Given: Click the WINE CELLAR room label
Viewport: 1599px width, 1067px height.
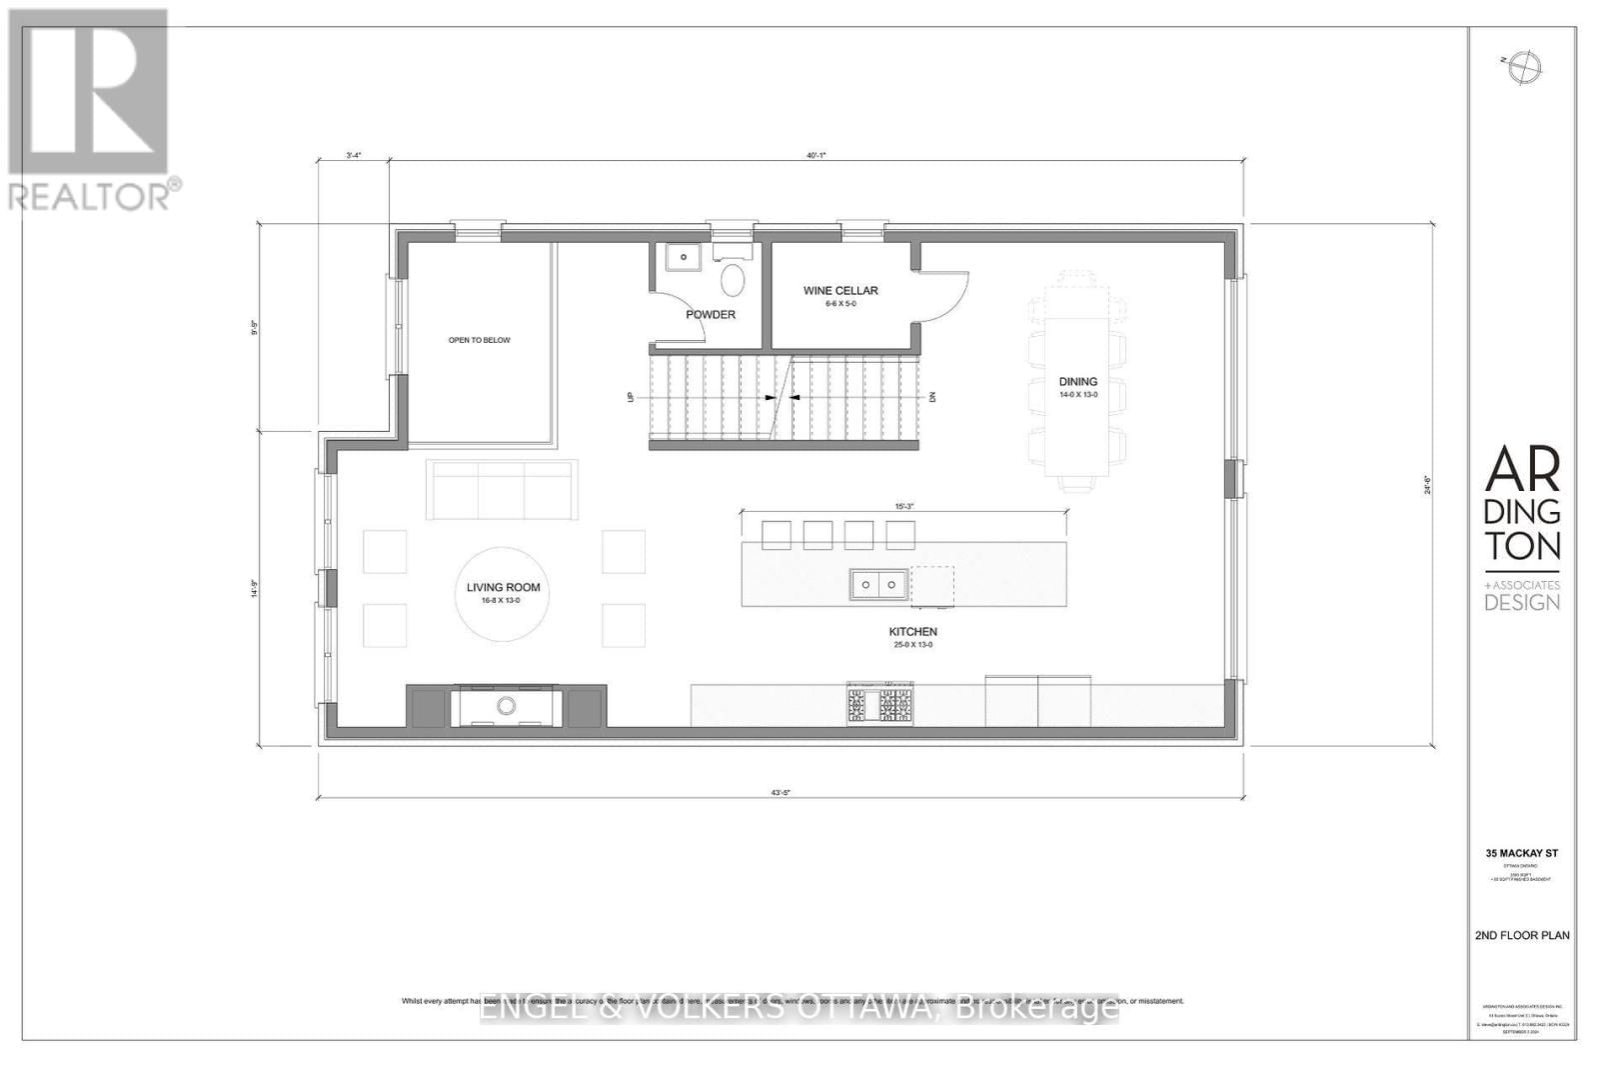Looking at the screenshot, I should (x=840, y=291).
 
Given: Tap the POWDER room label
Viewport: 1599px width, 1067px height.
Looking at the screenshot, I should (x=711, y=315).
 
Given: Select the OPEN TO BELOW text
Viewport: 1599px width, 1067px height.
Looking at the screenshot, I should (x=479, y=340).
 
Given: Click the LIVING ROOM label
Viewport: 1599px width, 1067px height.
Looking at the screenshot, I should (x=504, y=587).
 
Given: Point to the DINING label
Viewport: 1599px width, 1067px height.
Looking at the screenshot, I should (x=1078, y=381).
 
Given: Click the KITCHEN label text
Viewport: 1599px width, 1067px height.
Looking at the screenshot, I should (x=913, y=632).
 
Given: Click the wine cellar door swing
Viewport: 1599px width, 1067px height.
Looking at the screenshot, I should (x=942, y=296).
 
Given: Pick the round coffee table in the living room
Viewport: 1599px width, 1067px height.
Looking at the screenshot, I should (x=504, y=592).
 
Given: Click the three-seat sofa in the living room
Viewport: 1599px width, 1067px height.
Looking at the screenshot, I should (x=502, y=490).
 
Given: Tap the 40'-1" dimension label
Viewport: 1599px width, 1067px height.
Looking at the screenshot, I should (x=816, y=155).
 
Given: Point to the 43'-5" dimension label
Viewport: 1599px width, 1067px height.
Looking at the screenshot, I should (x=782, y=793).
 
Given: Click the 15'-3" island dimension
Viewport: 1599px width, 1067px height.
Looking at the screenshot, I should (x=903, y=507).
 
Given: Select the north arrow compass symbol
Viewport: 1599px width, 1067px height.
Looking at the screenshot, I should (x=1525, y=65).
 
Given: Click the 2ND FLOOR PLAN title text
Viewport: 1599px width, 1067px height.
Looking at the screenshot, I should (x=1522, y=936).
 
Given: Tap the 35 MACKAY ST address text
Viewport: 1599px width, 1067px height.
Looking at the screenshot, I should (x=1522, y=854).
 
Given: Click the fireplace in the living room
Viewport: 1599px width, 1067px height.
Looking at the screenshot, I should (x=507, y=706).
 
